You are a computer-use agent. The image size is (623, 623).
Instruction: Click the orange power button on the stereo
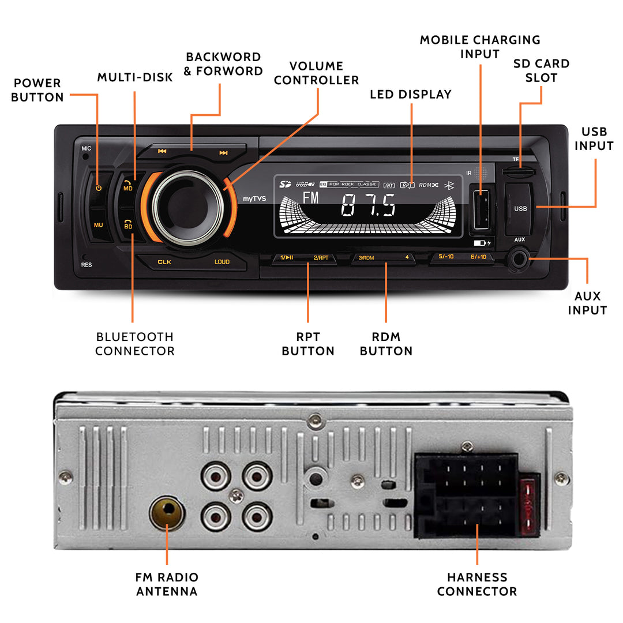pyautogui.click(x=99, y=187)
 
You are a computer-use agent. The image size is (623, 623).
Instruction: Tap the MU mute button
pyautogui.click(x=99, y=225)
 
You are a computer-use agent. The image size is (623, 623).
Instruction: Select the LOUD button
pyautogui.click(x=222, y=262)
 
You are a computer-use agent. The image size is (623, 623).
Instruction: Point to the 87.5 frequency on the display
pyautogui.click(x=367, y=205)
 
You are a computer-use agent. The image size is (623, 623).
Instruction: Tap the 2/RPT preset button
pyautogui.click(x=321, y=257)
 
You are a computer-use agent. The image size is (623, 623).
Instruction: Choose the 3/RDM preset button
pyautogui.click(x=366, y=257)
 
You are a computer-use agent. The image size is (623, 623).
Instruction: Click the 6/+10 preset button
pyautogui.click(x=478, y=256)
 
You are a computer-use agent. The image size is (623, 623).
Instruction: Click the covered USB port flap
pyautogui.click(x=520, y=208)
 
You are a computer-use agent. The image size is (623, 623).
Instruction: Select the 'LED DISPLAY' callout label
pyautogui.click(x=411, y=94)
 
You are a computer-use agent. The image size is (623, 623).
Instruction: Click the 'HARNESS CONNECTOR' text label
pyautogui.click(x=476, y=584)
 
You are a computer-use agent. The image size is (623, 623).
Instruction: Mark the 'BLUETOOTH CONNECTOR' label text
pyautogui.click(x=134, y=344)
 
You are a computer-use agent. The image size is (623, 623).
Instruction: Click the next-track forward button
pyautogui.click(x=223, y=153)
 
